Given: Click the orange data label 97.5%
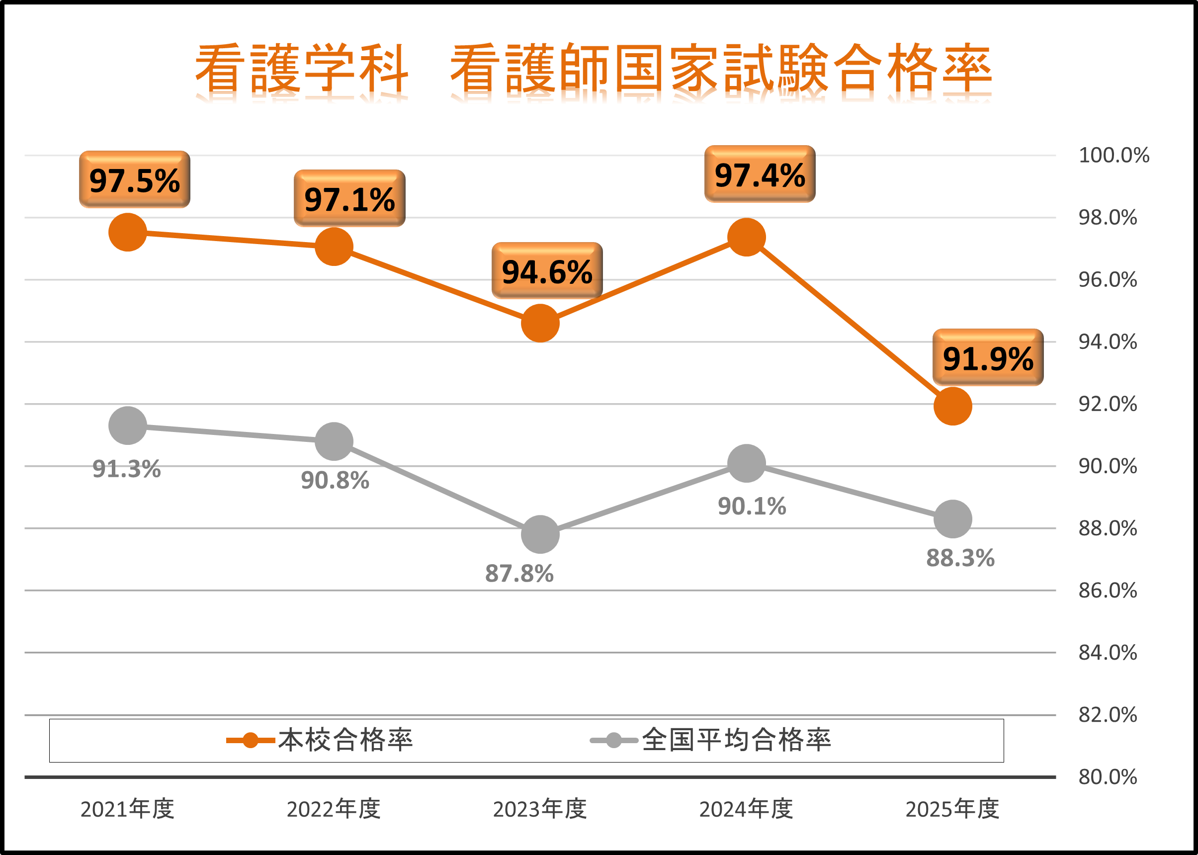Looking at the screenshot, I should coord(134,180).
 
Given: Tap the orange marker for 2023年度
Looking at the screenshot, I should coord(540,323).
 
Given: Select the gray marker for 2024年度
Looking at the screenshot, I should coord(746,463).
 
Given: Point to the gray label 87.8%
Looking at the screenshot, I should coord(519,574).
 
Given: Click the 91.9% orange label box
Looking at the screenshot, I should coord(988,358).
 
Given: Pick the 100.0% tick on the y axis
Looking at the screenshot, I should coord(1114,156).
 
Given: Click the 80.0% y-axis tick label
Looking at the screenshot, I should coord(1108,777).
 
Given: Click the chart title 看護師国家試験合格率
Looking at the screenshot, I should coord(721,69).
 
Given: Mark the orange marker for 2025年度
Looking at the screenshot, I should coord(953,407).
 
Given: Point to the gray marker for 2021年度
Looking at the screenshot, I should coord(127,426).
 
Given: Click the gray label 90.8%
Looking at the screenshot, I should coord(335,481).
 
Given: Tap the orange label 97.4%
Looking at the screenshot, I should coord(760,175).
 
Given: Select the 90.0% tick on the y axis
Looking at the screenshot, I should coord(1108,466).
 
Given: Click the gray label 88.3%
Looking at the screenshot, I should coord(960,558).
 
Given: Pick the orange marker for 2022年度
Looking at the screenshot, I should coord(334,247).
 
